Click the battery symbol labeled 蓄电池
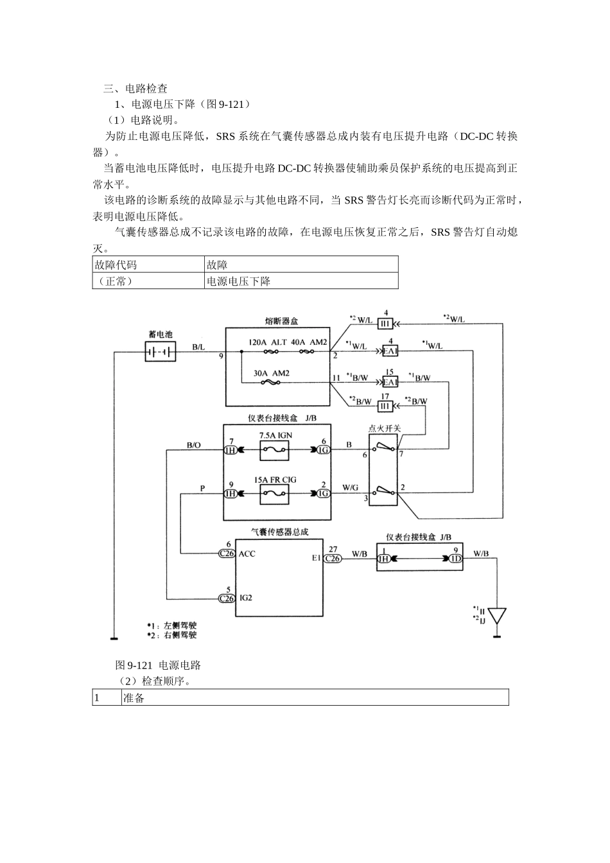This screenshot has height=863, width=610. click(x=161, y=352)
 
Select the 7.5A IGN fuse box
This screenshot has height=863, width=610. click(x=274, y=451)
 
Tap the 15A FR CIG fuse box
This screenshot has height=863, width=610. click(x=274, y=493)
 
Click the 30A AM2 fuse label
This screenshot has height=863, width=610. click(x=270, y=373)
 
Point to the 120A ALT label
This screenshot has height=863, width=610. click(x=268, y=342)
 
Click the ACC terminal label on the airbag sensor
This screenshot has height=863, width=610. click(x=247, y=554)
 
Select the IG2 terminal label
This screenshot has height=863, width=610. click(x=246, y=598)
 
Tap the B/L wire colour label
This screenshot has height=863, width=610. click(x=198, y=347)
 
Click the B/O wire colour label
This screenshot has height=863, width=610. click(x=193, y=444)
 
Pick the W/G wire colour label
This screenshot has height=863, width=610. click(x=350, y=488)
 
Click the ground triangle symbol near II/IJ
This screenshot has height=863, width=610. click(x=496, y=616)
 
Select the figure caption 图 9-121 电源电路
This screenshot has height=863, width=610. click(x=158, y=665)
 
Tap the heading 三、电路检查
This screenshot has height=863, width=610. click(x=135, y=89)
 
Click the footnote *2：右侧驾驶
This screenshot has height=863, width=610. click(x=171, y=635)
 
